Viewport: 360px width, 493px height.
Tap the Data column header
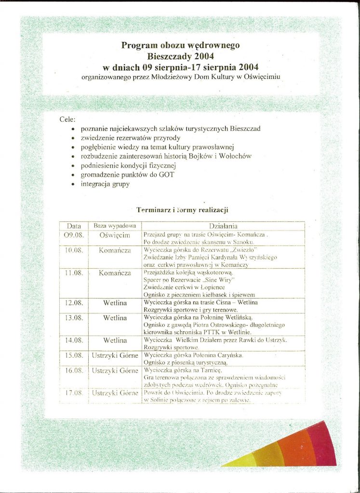[x=74, y=225]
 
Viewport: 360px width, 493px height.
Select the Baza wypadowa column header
[x=115, y=225]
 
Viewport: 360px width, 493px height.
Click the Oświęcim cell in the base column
[x=115, y=235]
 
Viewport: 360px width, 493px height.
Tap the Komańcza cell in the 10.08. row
[x=115, y=250]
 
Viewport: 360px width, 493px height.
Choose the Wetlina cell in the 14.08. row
[x=115, y=340]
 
